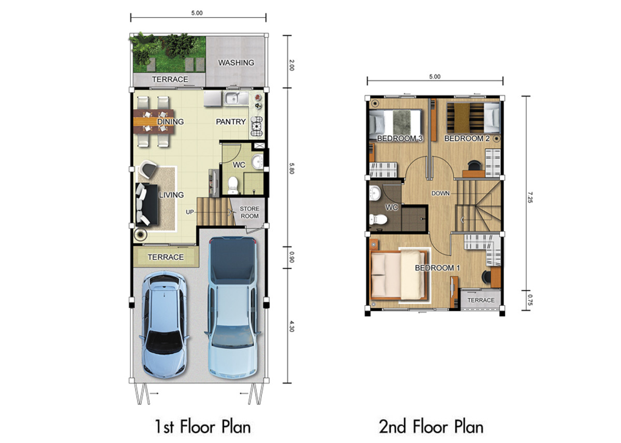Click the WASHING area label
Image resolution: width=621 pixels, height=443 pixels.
(236, 63)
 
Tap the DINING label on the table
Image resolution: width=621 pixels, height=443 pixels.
(170, 122)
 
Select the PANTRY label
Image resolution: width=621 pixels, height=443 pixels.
(231, 122)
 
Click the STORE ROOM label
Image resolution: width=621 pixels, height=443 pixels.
(249, 212)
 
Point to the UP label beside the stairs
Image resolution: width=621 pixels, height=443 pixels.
(189, 212)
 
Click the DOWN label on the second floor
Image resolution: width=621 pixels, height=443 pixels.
(440, 193)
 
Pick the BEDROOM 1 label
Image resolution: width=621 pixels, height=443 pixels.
(437, 268)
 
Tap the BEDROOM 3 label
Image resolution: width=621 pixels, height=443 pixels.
(400, 138)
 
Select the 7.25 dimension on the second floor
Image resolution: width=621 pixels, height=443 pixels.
(530, 197)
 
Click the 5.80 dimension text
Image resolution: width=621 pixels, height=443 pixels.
(291, 168)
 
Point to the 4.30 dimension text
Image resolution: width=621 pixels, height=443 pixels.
(291, 326)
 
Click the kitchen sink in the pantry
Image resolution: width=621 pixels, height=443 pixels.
(236, 98)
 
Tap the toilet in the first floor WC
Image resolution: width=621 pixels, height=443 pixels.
(232, 185)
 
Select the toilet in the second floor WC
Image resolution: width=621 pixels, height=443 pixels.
(378, 219)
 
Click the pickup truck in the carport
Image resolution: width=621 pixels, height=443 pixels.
(232, 307)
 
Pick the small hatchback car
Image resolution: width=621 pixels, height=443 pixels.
(164, 324)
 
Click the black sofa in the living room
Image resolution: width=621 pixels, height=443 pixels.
(146, 204)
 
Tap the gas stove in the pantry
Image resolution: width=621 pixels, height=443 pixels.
(257, 126)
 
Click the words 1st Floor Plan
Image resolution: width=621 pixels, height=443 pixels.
(203, 427)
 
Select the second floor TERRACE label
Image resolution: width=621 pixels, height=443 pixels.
(481, 300)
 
